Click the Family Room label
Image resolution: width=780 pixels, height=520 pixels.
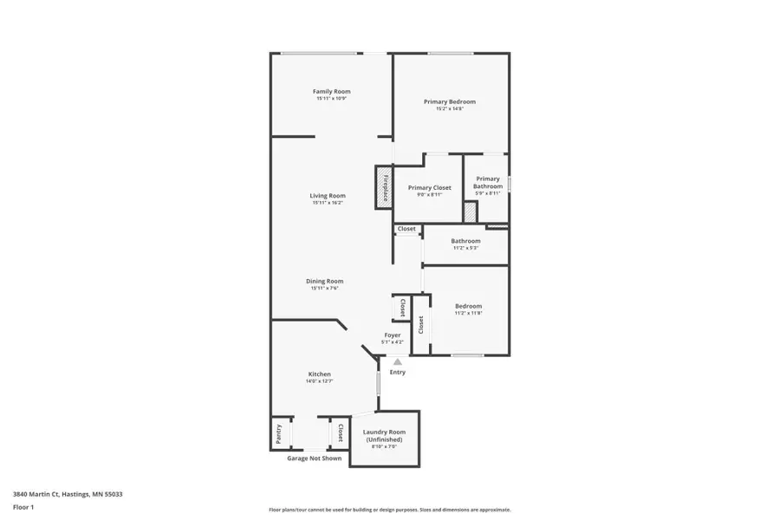pos(331,91)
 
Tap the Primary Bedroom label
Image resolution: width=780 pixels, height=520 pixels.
pos(449,101)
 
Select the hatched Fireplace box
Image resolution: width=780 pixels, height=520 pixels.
pos(383,187)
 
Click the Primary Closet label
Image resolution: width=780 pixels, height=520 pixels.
pos(429,187)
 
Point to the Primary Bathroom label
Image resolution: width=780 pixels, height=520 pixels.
pos(488,183)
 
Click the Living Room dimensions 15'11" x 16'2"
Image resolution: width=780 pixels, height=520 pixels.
pos(328,203)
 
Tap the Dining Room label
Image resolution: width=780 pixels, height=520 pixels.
pos(324,281)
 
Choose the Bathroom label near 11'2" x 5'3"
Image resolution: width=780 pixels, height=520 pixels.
pos(465,241)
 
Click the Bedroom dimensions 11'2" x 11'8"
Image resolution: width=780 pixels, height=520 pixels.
pos(468,313)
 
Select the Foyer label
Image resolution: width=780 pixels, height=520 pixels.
pos(393,335)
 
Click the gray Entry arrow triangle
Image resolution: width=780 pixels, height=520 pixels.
pos(397,362)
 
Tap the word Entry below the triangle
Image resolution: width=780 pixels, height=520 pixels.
pos(397,373)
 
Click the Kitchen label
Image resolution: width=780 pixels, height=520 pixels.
pos(319,374)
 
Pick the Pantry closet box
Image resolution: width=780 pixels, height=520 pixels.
pos(280,433)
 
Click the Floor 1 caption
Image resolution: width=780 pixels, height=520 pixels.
pos(23,506)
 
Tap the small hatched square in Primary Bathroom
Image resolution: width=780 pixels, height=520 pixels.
pos(470,212)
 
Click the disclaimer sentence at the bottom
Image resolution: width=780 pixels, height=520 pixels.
pos(389,510)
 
